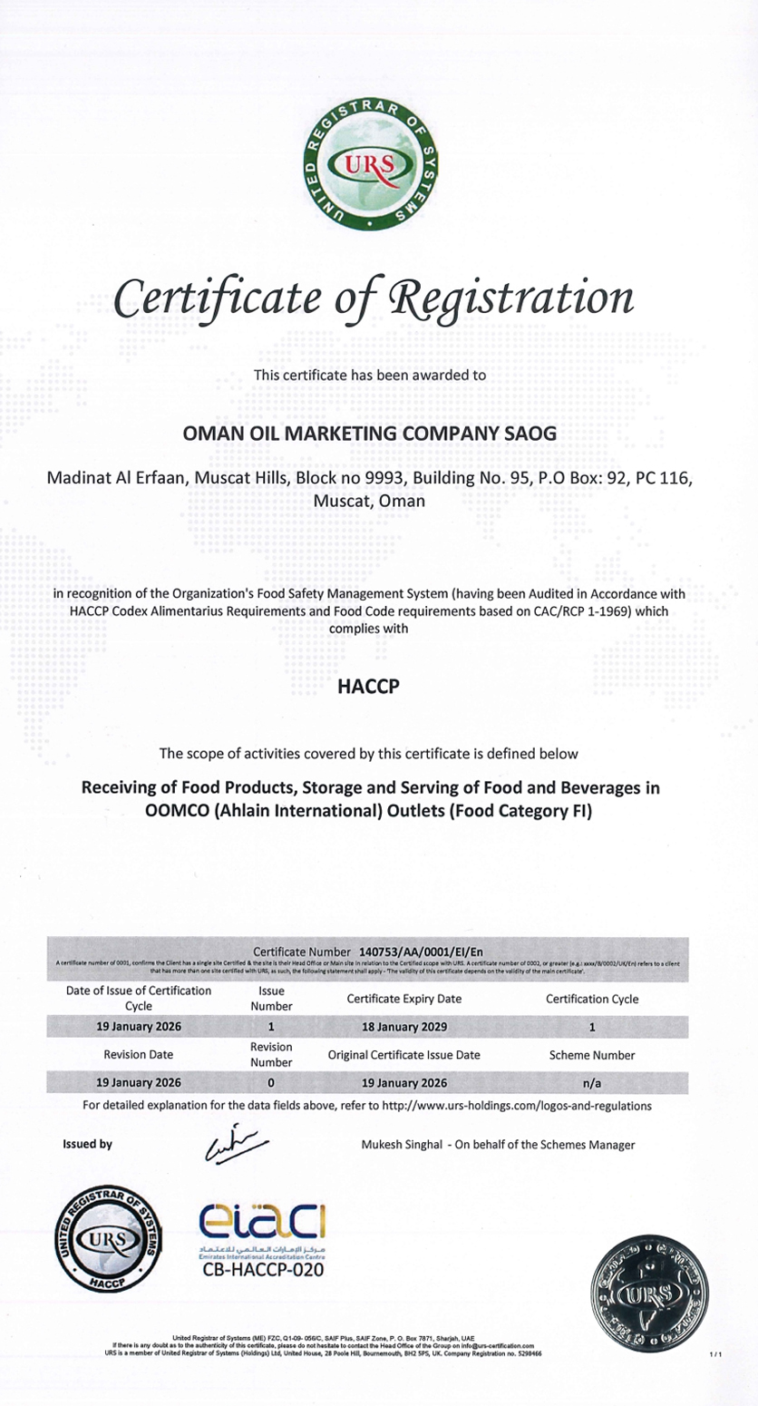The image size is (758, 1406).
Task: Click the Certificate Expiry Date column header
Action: (x=404, y=999)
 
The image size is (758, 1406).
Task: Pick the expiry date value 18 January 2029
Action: (x=404, y=1028)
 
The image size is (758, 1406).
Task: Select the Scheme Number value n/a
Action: (x=591, y=1082)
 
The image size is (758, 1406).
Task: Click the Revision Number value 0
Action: (x=271, y=1082)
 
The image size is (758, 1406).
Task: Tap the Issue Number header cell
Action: (x=271, y=999)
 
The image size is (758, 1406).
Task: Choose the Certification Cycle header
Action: (x=591, y=999)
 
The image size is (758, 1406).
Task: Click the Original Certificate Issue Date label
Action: (x=404, y=1055)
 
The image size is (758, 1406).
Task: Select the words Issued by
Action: (x=87, y=1145)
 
